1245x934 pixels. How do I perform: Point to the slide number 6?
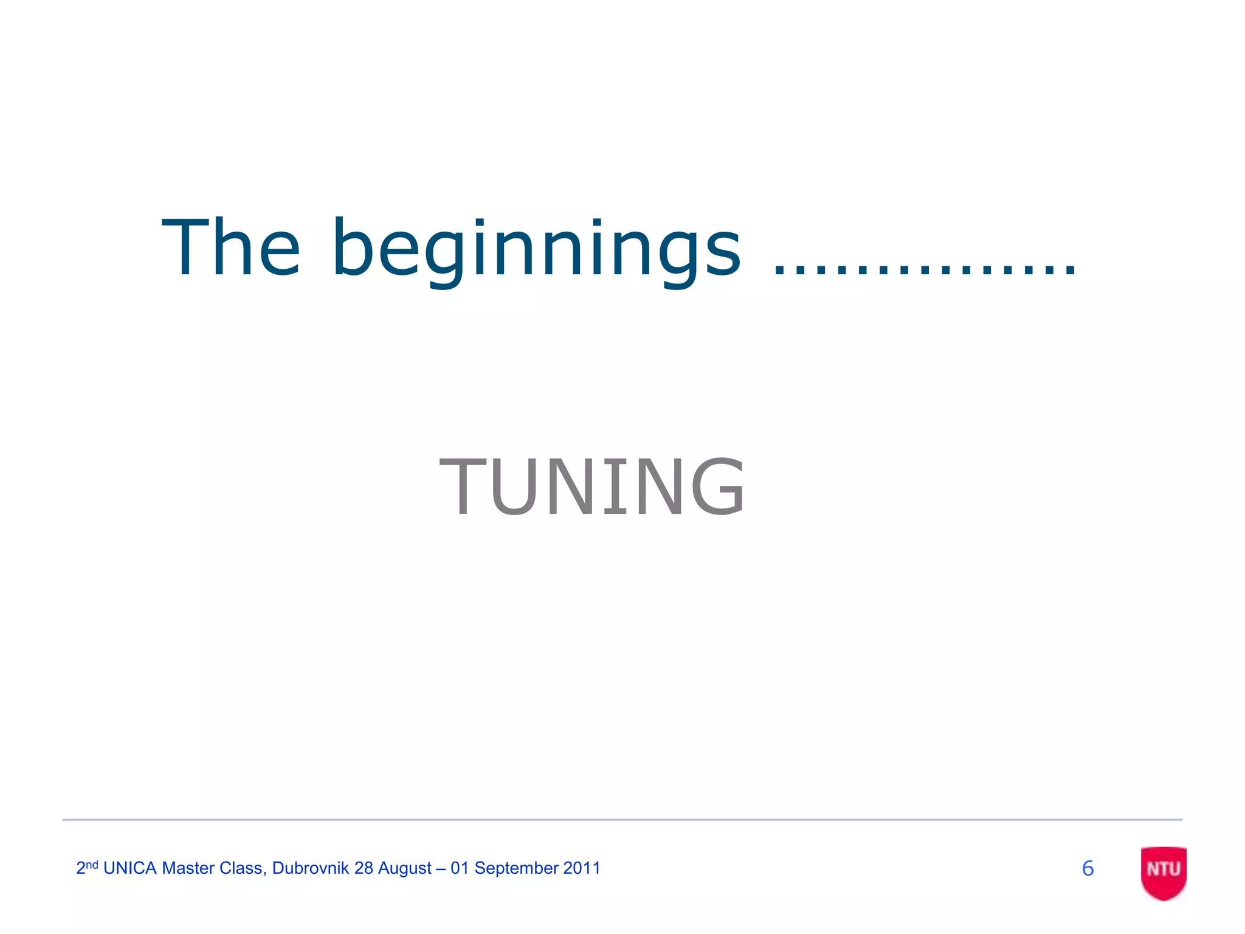pos(1088,868)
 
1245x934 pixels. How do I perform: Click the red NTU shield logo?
pos(1164,871)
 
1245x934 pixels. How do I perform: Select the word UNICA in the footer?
pos(130,868)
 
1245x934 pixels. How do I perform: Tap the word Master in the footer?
pos(188,868)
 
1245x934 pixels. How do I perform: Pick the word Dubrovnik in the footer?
pos(310,868)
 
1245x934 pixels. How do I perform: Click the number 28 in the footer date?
pos(364,868)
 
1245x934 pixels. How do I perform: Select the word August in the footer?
pos(405,868)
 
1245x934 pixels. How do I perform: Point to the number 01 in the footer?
pos(460,868)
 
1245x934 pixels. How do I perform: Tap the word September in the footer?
pos(516,868)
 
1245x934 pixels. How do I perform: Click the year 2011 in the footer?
pos(582,868)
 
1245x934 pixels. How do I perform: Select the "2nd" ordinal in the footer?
pos(87,867)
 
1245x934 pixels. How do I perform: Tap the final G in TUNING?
pos(717,487)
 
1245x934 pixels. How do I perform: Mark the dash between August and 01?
pos(441,869)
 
